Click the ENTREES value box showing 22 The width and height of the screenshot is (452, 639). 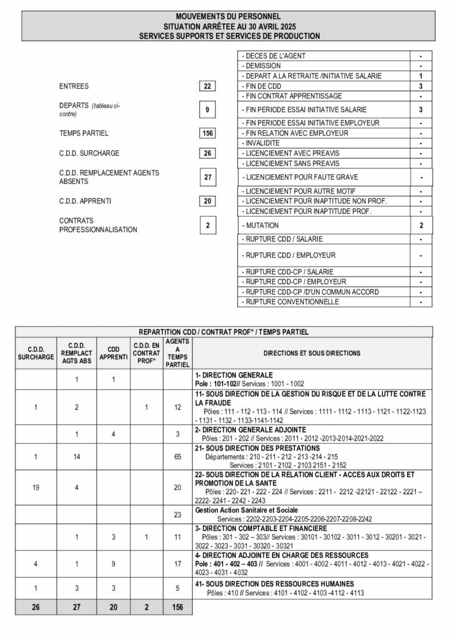coord(208,86)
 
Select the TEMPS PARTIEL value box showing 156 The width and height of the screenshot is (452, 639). coord(208,133)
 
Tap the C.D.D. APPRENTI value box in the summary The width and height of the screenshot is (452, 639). coord(208,201)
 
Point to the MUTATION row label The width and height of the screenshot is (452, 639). coord(260,225)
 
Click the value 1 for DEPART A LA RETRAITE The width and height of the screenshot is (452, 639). coord(421,76)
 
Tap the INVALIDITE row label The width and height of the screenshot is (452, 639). coord(262,143)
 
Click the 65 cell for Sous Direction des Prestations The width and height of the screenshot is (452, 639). coord(177,457)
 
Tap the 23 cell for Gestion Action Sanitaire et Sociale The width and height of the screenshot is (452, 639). coord(177,514)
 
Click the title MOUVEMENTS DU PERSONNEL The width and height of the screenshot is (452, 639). coord(228,16)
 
